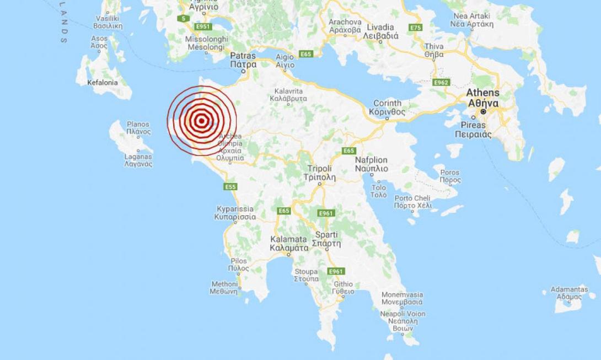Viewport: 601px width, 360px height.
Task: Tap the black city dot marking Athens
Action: [x=483, y=111]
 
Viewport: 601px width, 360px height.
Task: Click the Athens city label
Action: [x=482, y=98]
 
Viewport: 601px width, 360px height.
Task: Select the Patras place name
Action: [x=243, y=60]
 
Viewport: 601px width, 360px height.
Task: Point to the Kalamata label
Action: [x=288, y=243]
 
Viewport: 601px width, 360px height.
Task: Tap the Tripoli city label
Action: [x=319, y=173]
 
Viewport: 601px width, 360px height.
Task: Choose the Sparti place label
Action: [x=326, y=239]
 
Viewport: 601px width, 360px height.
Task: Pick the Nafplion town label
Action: [x=371, y=164]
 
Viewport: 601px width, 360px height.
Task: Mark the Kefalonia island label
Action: [x=103, y=83]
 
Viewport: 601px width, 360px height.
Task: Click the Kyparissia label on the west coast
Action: [x=234, y=213]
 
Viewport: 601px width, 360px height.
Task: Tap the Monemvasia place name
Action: [x=403, y=298]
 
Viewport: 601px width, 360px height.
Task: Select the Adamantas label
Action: [x=569, y=293]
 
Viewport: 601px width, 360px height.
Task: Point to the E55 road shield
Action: [x=230, y=187]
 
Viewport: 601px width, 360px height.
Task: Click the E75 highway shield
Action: [x=416, y=27]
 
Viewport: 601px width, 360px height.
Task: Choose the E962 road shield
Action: [x=442, y=82]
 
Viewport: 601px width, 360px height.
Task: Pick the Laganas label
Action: [x=138, y=160]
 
